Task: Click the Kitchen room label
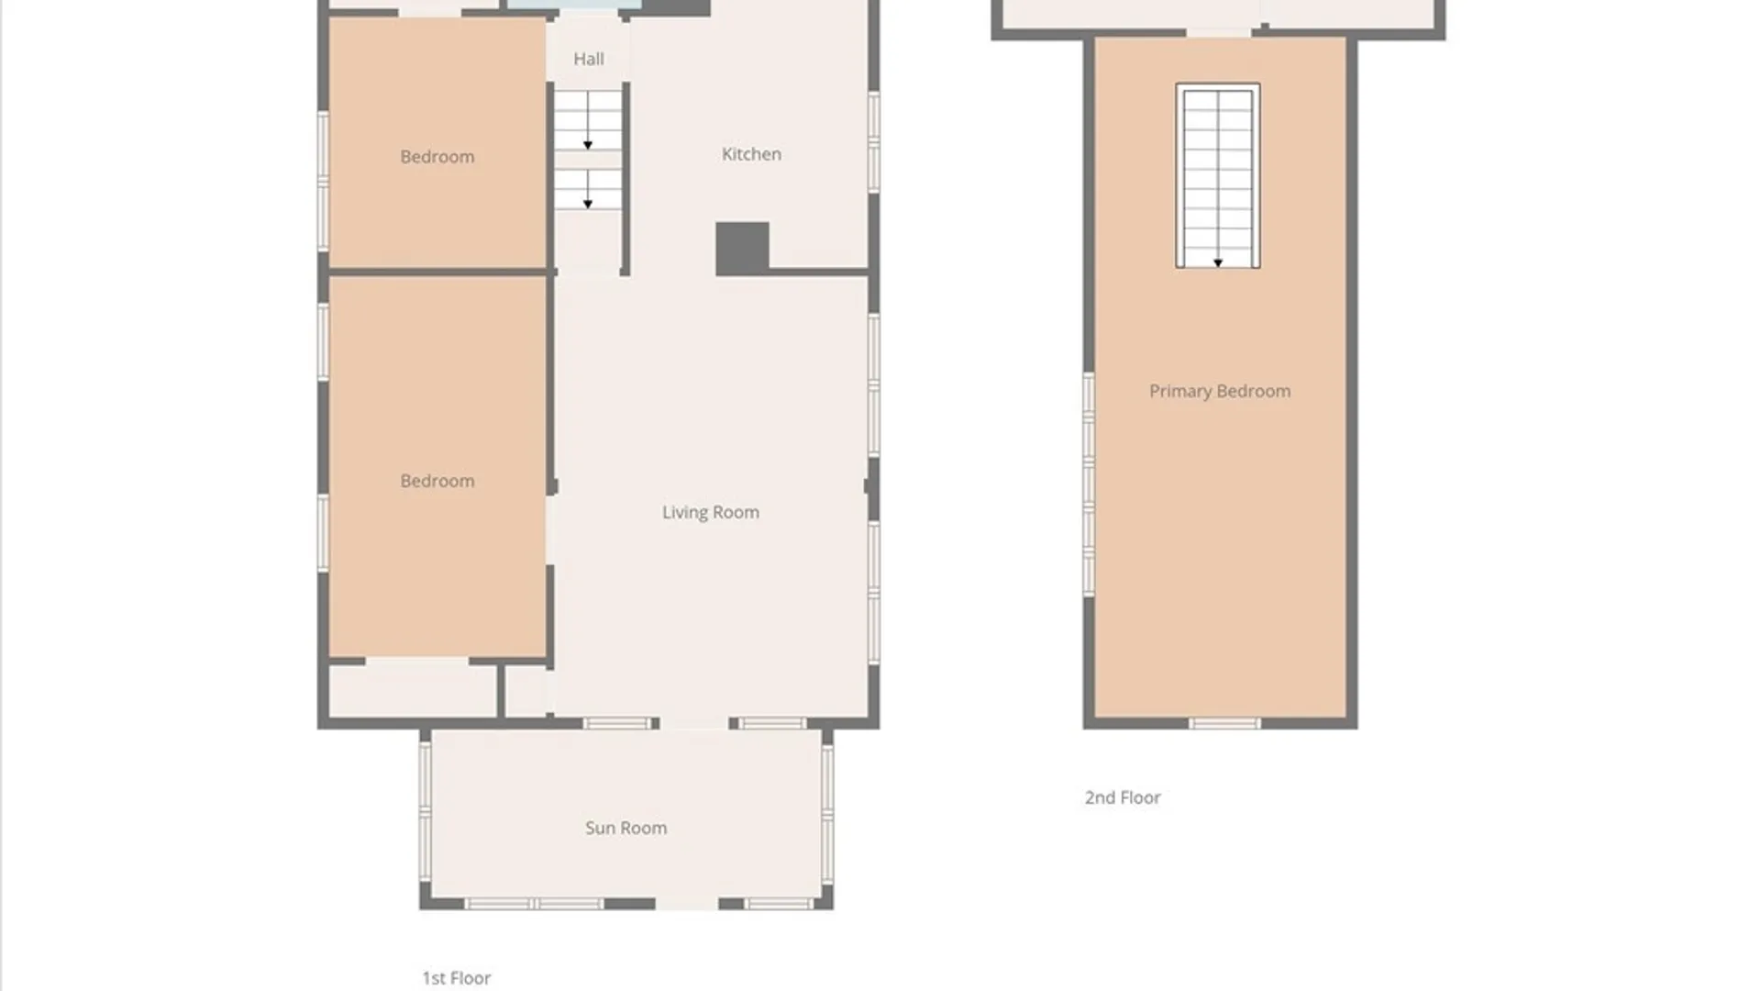click(x=751, y=154)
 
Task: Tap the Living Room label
click(x=711, y=512)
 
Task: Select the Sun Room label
click(x=626, y=828)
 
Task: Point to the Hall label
click(x=589, y=59)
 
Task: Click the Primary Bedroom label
click(x=1220, y=391)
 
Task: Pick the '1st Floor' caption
click(x=457, y=978)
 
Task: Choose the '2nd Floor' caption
click(x=1123, y=797)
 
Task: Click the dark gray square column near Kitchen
click(x=742, y=249)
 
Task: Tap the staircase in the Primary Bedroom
click(x=1218, y=174)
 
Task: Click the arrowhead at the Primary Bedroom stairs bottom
click(x=1218, y=263)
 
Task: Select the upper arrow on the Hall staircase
click(x=588, y=145)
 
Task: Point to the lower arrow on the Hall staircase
click(x=588, y=204)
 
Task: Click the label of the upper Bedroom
click(x=437, y=157)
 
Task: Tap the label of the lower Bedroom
click(x=437, y=481)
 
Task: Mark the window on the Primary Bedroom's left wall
click(x=1089, y=484)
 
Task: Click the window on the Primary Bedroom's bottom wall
click(x=1224, y=724)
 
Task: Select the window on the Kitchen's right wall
click(x=874, y=142)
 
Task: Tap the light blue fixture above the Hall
click(x=574, y=5)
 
